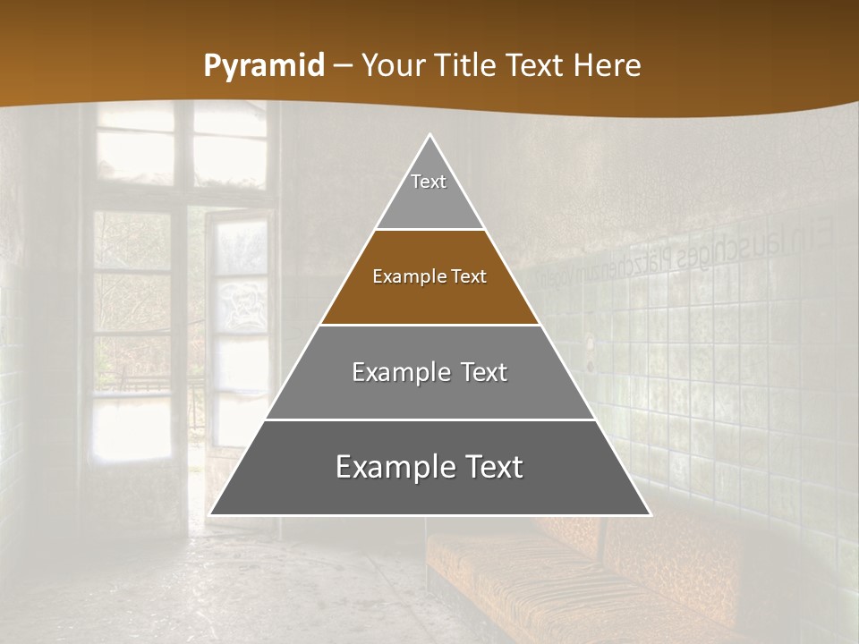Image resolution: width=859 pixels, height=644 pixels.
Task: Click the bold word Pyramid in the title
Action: point(264,66)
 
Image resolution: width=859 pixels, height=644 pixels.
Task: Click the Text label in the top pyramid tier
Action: point(429,182)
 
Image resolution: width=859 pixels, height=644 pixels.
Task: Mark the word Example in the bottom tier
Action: point(395,467)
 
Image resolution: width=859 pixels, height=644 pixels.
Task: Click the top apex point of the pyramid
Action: point(430,135)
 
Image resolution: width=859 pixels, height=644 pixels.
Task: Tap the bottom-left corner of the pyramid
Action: point(210,514)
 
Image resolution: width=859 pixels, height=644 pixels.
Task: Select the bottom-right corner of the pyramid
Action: point(650,514)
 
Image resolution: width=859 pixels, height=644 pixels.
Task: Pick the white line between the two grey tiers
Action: point(430,419)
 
